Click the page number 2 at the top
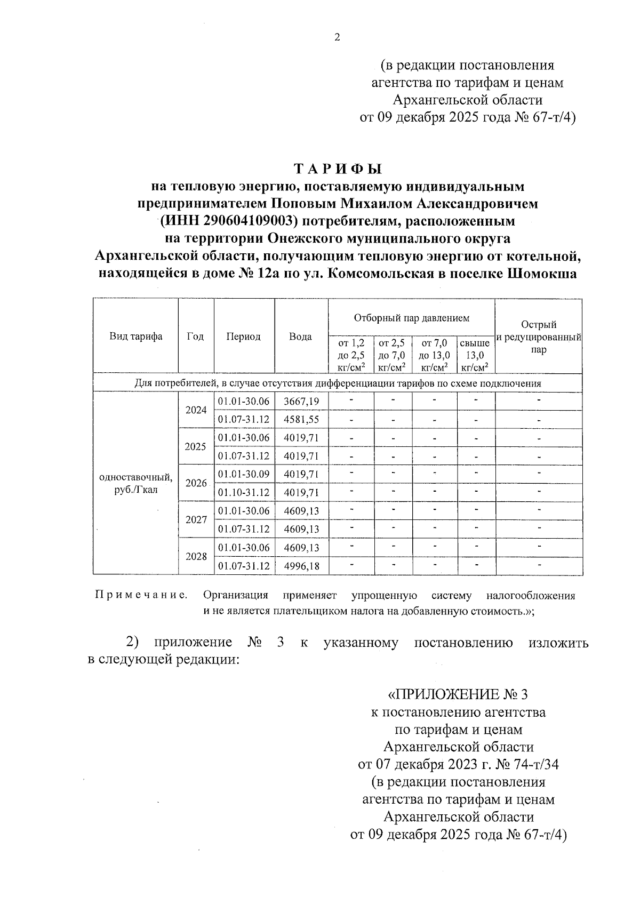point(337,37)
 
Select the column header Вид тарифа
point(136,337)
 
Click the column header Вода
point(300,337)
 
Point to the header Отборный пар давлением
point(412,318)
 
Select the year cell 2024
point(196,410)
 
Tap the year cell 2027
point(196,519)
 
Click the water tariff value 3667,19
point(301,401)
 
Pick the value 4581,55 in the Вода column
point(301,420)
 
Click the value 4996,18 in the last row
point(301,566)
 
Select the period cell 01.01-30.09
point(244,474)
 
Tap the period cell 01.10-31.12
point(244,493)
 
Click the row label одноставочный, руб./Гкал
point(136,483)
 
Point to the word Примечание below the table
point(141,595)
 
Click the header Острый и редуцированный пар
point(539,337)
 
